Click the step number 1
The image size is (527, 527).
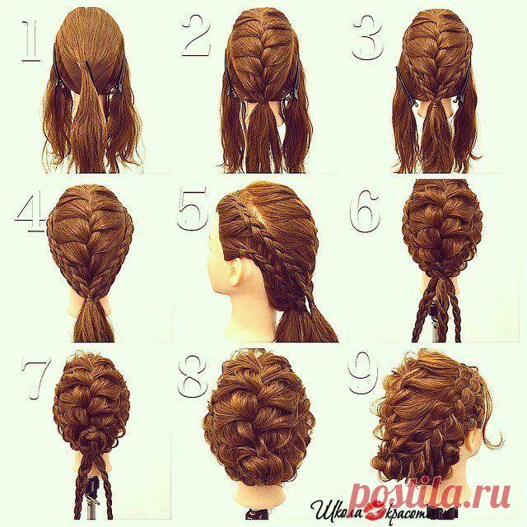[x=31, y=41]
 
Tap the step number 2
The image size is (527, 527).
[x=196, y=35]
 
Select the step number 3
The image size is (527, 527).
[x=368, y=39]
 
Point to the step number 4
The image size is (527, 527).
[x=30, y=211]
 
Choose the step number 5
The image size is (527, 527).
[x=193, y=209]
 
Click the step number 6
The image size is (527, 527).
[x=366, y=210]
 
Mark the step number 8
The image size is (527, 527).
[x=191, y=377]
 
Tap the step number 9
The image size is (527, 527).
[x=364, y=373]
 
